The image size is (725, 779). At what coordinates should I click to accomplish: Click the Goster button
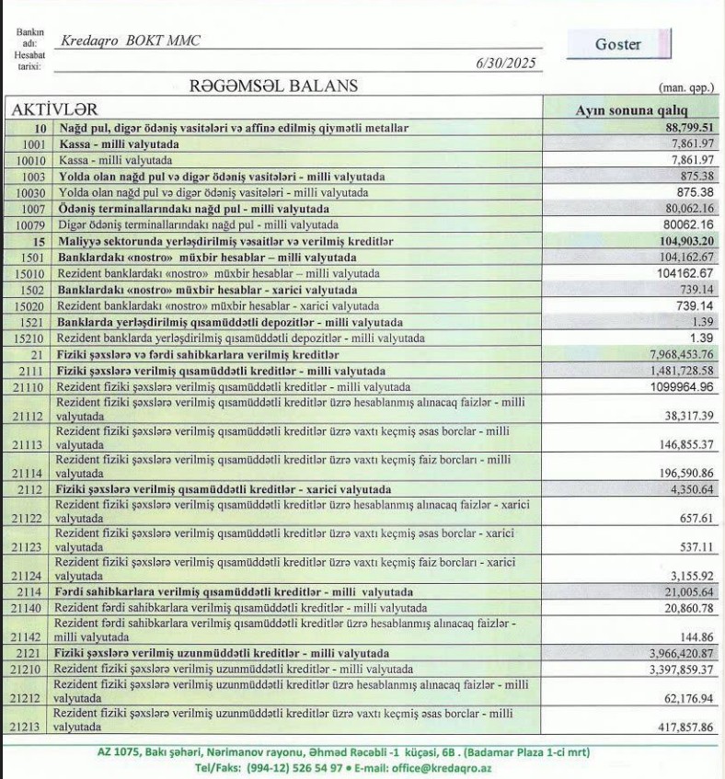point(617,44)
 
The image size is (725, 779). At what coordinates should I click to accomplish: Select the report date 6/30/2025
point(504,64)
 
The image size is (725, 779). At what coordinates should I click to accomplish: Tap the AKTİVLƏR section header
point(54,109)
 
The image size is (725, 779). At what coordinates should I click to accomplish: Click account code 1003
point(31,177)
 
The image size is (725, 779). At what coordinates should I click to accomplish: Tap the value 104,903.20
point(682,241)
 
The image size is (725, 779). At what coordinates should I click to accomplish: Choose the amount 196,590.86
point(682,472)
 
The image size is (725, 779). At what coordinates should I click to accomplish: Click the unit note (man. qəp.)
point(687,88)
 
